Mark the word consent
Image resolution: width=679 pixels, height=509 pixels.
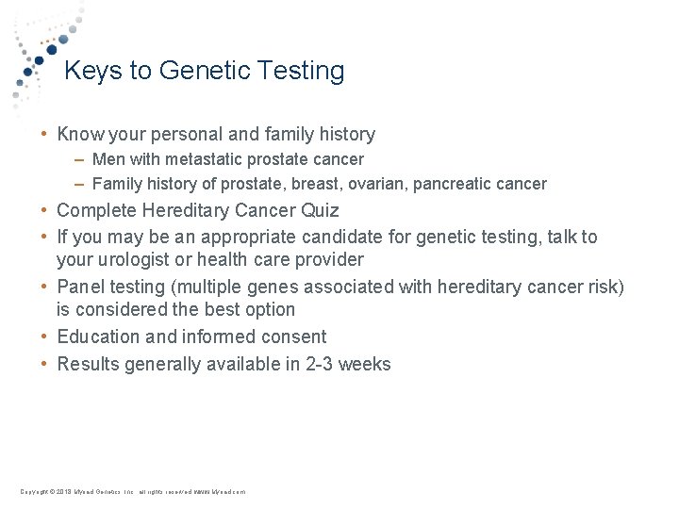point(294,337)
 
